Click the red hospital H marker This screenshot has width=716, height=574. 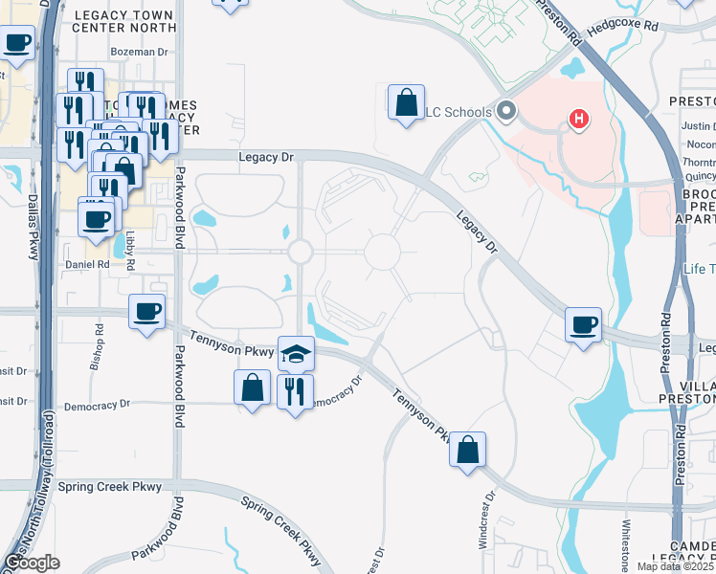[578, 120]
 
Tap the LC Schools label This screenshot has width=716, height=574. [459, 112]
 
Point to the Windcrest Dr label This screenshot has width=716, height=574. [491, 520]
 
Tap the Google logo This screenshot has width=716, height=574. [32, 563]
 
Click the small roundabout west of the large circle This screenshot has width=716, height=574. [301, 252]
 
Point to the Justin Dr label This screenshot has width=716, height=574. [698, 126]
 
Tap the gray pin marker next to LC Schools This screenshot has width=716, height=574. [506, 111]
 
